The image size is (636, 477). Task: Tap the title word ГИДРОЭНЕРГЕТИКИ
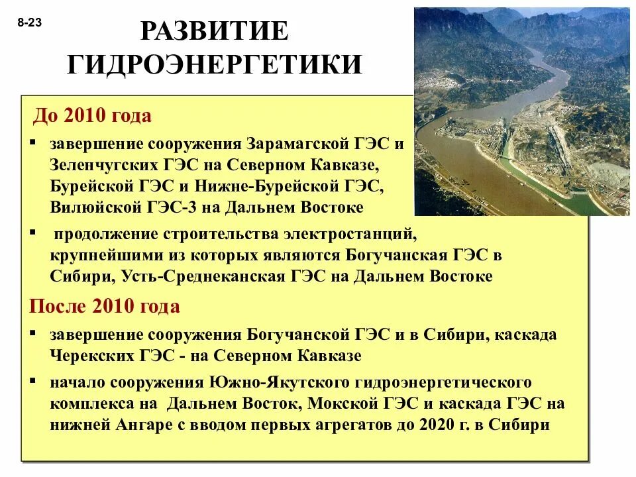[215, 64]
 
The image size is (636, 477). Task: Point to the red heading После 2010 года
[104, 307]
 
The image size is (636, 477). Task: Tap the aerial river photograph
[521, 111]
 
